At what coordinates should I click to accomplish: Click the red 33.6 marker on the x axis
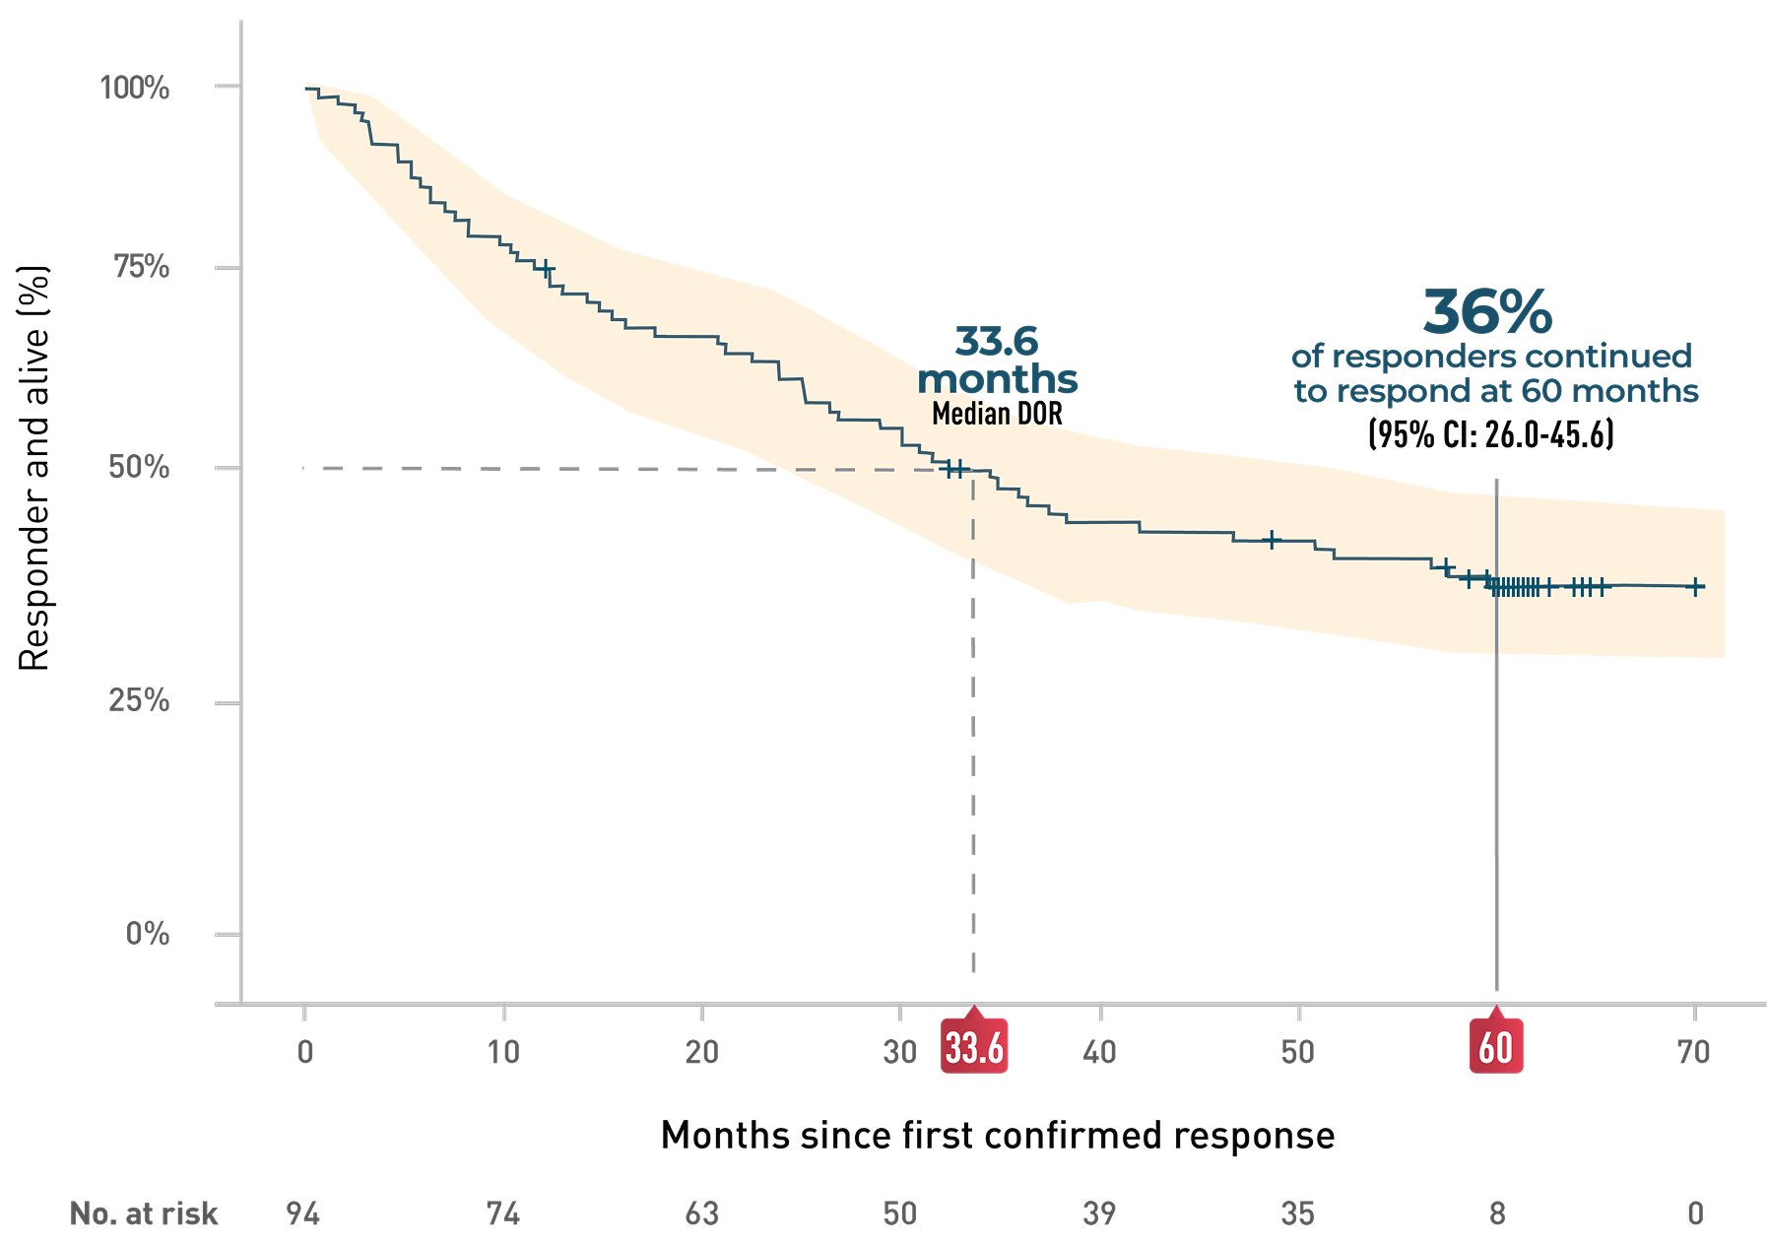[x=974, y=1047]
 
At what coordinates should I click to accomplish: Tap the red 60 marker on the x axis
[x=1496, y=1047]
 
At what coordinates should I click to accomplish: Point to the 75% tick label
[x=142, y=267]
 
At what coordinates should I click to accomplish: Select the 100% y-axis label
[x=135, y=88]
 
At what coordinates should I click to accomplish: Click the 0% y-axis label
[x=148, y=934]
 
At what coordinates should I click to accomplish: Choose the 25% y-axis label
[x=139, y=701]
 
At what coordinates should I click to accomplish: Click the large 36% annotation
[x=1487, y=312]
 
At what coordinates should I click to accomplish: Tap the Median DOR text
[x=997, y=414]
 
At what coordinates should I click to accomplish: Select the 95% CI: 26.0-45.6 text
[x=1491, y=434]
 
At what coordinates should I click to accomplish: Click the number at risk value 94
[x=303, y=1214]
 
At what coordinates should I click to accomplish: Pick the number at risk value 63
[x=701, y=1214]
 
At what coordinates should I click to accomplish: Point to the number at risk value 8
[x=1497, y=1214]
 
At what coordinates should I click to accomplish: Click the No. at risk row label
[x=144, y=1214]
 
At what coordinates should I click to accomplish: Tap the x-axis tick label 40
[x=1099, y=1052]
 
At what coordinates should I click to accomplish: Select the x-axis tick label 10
[x=503, y=1052]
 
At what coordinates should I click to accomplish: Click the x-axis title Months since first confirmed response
[x=997, y=1136]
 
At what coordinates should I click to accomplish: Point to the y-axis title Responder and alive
[x=34, y=468]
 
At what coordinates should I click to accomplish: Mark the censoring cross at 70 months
[x=1695, y=587]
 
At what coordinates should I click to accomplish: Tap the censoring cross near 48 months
[x=1272, y=540]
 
